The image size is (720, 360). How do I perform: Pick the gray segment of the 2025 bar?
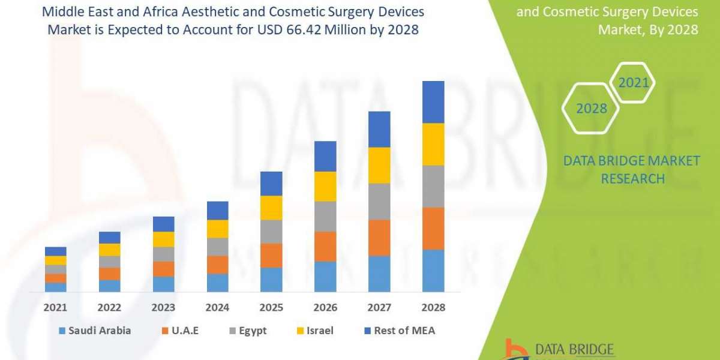(271, 232)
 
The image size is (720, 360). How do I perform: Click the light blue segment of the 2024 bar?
(217, 283)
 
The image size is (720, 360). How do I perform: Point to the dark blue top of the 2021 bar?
(56, 251)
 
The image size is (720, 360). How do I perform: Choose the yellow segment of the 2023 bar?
(163, 239)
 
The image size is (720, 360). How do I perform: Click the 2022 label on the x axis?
(110, 307)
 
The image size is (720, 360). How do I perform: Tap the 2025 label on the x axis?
(271, 307)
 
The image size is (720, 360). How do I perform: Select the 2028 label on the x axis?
(433, 307)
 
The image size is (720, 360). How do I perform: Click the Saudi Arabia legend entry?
(95, 331)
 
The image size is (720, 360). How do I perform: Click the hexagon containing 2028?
(592, 108)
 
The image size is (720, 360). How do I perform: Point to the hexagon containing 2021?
(634, 82)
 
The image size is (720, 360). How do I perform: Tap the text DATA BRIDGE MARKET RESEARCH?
(632, 169)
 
